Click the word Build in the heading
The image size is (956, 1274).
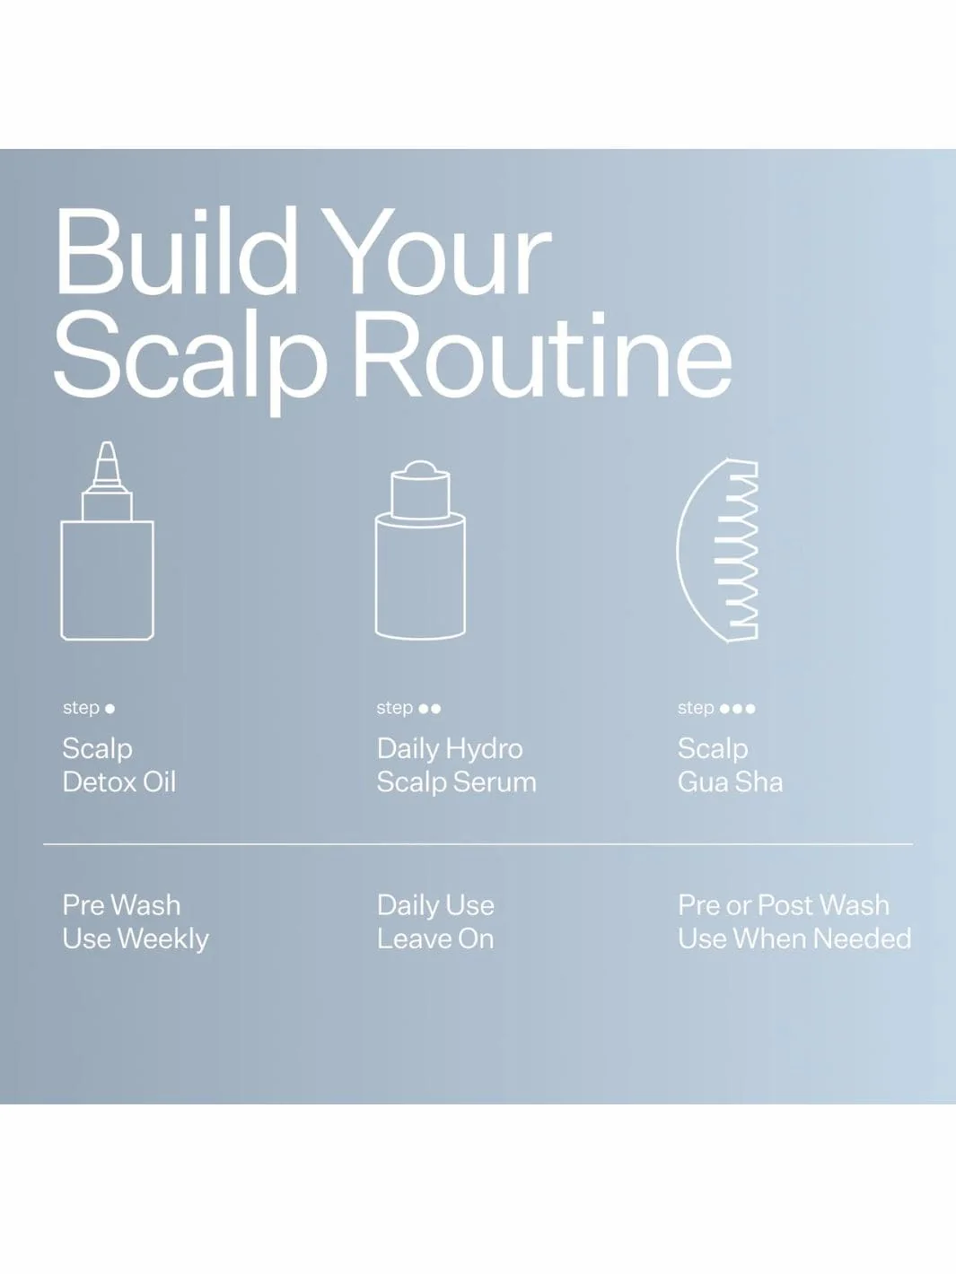click(177, 251)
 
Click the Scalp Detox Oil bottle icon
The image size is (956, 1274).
click(108, 541)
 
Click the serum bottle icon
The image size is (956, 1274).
click(420, 551)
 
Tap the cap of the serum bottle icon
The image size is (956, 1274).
click(420, 490)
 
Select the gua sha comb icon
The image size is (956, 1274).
click(718, 551)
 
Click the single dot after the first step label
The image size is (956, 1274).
click(110, 709)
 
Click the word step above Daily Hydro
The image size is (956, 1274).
click(394, 708)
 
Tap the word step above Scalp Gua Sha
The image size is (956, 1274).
click(696, 708)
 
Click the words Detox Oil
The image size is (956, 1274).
click(119, 781)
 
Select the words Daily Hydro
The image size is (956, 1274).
click(450, 749)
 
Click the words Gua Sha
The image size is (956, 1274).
click(730, 781)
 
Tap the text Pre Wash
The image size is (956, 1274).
click(121, 905)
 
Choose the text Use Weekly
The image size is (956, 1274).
click(136, 939)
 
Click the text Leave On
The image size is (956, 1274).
click(435, 939)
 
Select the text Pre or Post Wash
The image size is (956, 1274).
click(784, 905)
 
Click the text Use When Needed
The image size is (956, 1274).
click(794, 939)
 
